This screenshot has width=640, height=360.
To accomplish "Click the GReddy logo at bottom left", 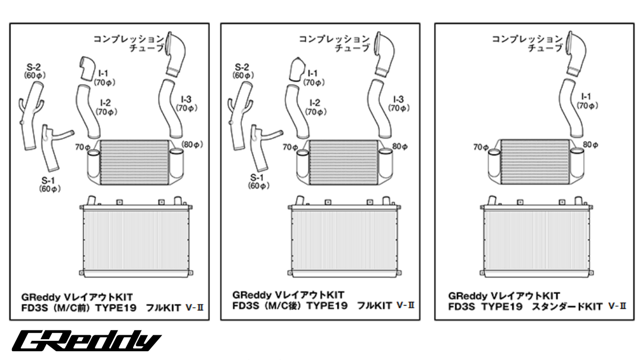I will [x=87, y=341].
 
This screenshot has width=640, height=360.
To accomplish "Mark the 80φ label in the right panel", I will [x=591, y=145].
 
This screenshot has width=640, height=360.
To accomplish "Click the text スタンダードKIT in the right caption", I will [x=566, y=307].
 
